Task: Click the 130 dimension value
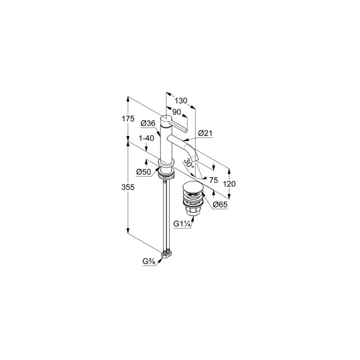181,100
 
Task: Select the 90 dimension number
176,112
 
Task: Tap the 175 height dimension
128,119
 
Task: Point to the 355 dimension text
128,187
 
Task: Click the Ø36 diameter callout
148,123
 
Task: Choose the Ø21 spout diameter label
205,133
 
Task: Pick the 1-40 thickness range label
146,138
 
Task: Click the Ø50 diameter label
143,171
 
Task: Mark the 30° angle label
188,163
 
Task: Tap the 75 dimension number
213,180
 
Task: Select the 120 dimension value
229,183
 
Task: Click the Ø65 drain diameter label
220,204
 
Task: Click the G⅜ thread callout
149,261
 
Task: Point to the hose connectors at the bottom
166,254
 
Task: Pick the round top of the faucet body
166,118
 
